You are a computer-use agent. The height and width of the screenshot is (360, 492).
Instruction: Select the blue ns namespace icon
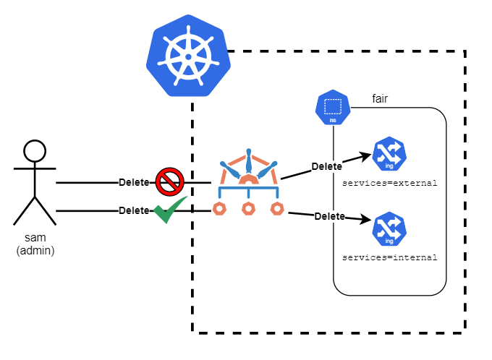tap(333, 108)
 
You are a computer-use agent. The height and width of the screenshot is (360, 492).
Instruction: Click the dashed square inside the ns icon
tap(333, 106)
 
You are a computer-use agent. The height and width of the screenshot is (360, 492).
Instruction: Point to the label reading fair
tap(380, 99)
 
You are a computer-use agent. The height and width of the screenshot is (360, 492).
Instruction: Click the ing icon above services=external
tap(389, 154)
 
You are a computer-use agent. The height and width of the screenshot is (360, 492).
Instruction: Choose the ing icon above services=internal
tap(389, 229)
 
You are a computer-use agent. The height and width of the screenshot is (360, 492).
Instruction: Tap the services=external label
tap(390, 183)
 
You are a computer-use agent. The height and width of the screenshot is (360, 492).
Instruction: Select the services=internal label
tap(390, 257)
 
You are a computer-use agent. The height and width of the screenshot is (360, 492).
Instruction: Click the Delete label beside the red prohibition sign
tap(134, 182)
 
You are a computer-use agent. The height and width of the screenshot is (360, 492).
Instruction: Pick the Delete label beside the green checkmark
tap(134, 210)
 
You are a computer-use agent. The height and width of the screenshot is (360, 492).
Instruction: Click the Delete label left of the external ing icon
tap(326, 166)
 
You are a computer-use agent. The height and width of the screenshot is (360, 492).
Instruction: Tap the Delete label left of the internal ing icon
tap(330, 216)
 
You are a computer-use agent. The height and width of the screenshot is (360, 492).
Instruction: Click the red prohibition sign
tap(170, 181)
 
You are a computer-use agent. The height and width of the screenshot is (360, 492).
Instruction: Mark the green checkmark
tap(170, 210)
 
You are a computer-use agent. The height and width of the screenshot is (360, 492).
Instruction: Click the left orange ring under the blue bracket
tap(219, 208)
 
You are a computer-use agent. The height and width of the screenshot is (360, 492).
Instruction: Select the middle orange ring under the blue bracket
tap(248, 208)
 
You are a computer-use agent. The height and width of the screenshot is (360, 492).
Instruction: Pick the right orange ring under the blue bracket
tap(277, 208)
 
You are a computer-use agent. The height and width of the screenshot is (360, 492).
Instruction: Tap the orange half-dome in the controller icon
tap(248, 179)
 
